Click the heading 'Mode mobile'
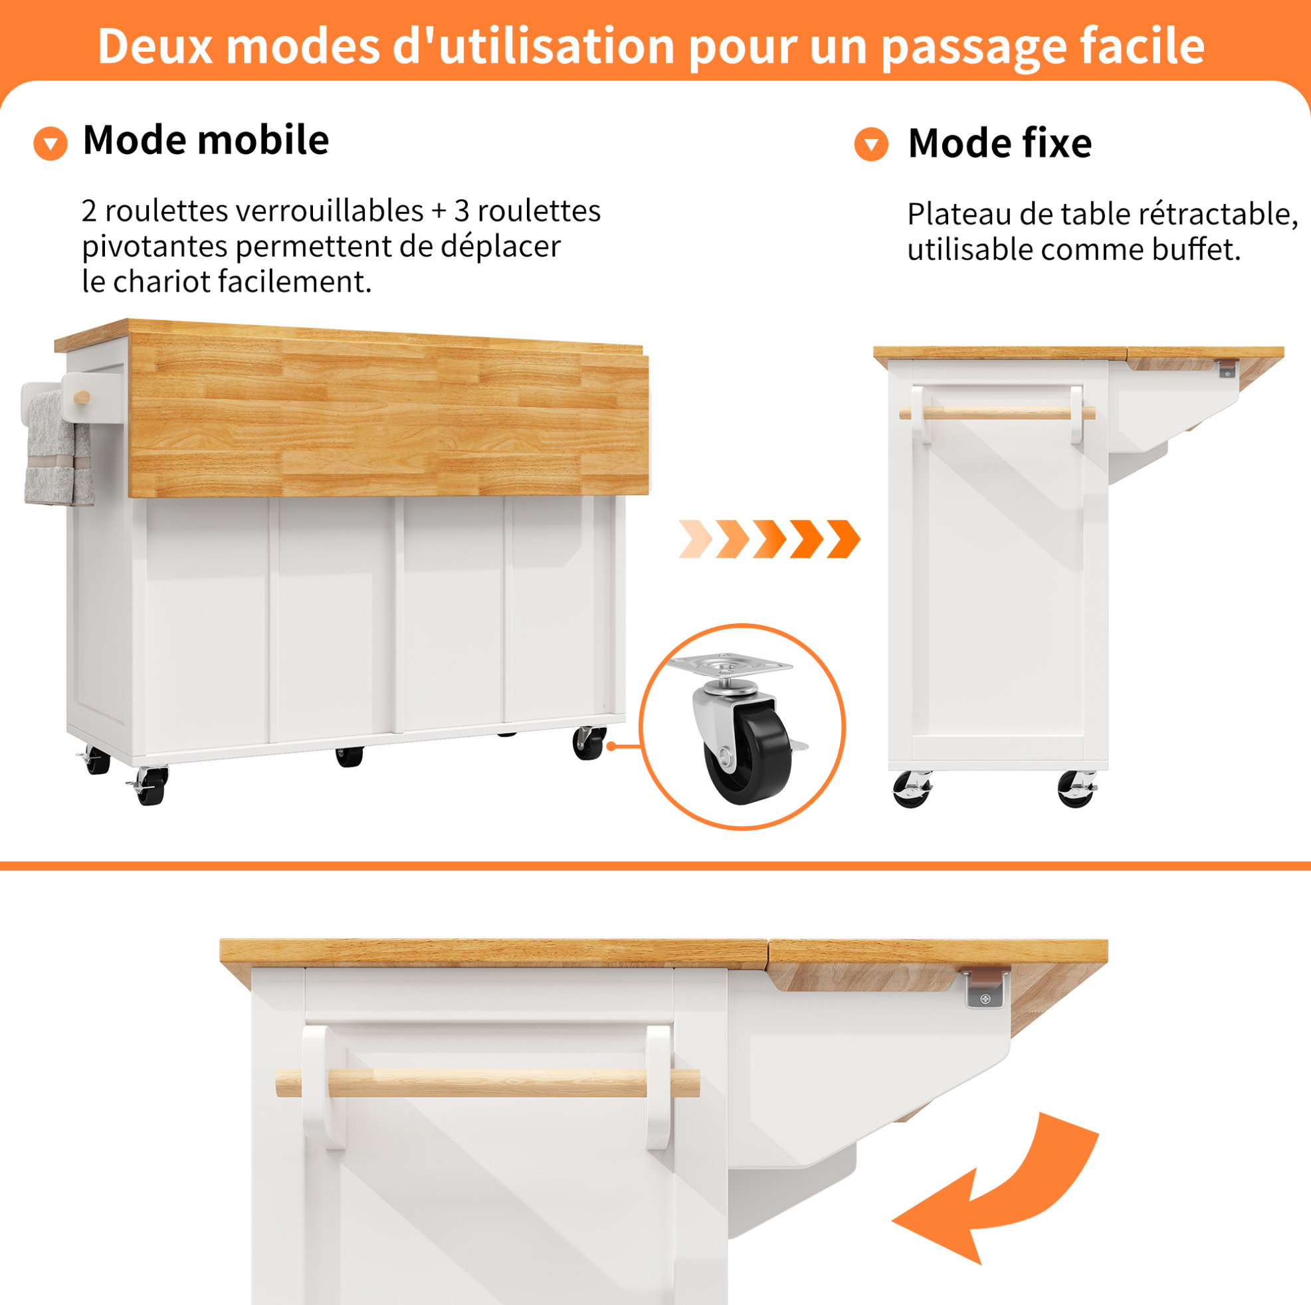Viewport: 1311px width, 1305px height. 205,140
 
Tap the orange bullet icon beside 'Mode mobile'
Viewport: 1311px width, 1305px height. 50,143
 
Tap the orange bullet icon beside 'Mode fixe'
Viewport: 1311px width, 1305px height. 871,144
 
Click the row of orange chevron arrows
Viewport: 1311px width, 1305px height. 769,539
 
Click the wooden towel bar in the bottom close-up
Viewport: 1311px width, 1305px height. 487,1083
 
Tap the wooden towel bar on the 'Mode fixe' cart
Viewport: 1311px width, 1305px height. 997,413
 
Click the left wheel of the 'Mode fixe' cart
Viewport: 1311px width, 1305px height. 912,789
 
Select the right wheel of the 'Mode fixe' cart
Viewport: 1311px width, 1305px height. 1077,789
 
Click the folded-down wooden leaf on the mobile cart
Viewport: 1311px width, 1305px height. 388,415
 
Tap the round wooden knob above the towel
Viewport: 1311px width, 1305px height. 82,397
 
